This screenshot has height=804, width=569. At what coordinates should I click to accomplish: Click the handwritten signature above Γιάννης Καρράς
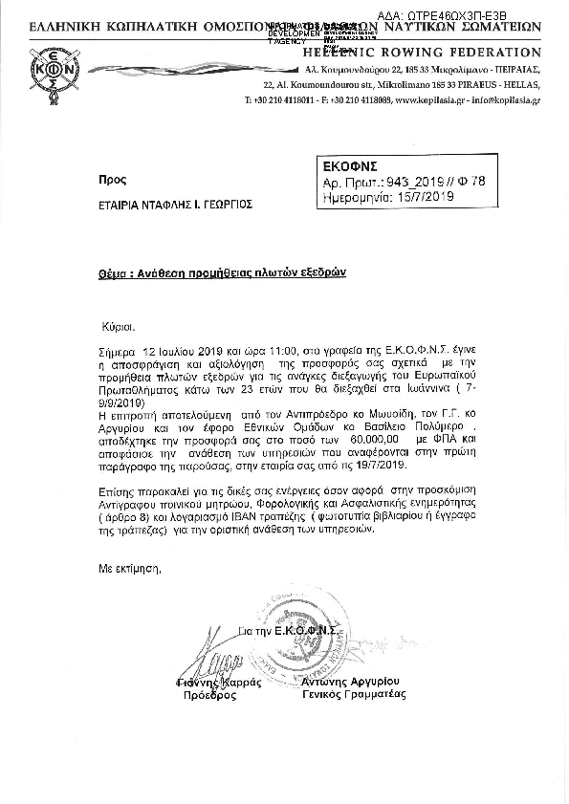(213, 662)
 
